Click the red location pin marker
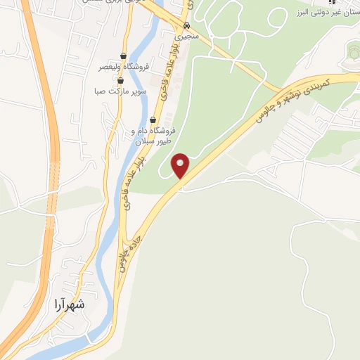(x=181, y=165)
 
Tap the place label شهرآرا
(x=69, y=304)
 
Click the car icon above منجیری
(x=186, y=23)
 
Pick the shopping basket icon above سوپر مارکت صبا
(x=120, y=81)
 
